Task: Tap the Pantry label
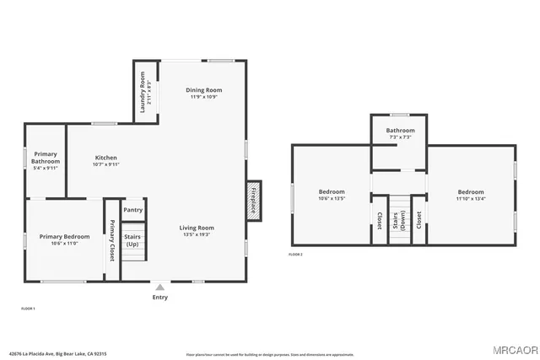(x=133, y=210)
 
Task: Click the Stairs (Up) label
(x=133, y=240)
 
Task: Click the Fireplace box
(x=254, y=201)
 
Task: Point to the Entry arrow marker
(x=159, y=287)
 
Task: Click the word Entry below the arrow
(x=159, y=297)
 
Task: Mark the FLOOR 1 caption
(x=28, y=309)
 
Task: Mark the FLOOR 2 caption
(x=295, y=254)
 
